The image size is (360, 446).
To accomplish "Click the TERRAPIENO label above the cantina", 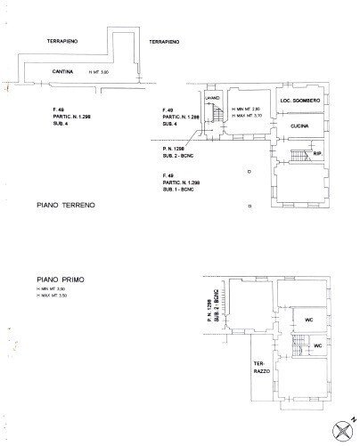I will point(67,41).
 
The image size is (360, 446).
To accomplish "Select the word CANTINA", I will point(62,70).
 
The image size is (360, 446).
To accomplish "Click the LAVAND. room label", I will point(212,98).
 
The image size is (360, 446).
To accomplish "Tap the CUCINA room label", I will point(299,129).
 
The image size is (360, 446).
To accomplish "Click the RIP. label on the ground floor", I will point(317,155).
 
